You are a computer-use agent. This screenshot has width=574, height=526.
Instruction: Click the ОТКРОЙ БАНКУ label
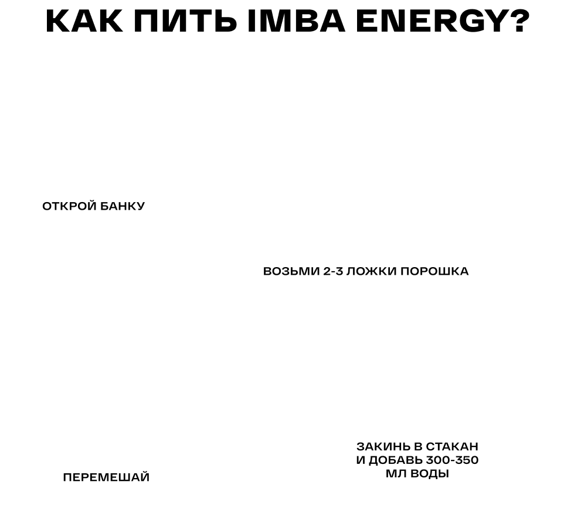pyautogui.click(x=92, y=206)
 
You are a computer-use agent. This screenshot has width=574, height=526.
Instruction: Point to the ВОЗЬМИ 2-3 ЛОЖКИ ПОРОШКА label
pyautogui.click(x=366, y=271)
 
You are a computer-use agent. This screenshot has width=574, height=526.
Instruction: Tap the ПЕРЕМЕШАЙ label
pyautogui.click(x=106, y=477)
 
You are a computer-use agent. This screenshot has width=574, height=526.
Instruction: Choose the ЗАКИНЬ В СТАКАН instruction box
pyautogui.click(x=417, y=459)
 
